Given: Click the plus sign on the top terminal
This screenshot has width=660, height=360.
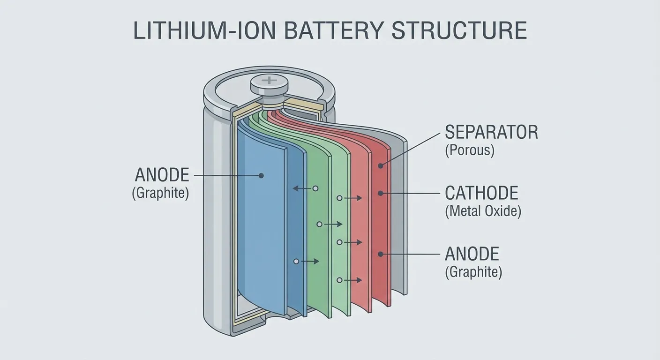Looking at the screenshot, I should click(x=270, y=81).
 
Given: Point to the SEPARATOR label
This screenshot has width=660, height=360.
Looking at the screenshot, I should click(x=491, y=132).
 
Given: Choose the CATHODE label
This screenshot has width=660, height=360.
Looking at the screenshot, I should click(x=481, y=193).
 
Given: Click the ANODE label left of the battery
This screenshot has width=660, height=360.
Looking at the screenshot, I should click(x=162, y=175).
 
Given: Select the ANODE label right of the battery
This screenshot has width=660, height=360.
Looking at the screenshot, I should click(x=472, y=254).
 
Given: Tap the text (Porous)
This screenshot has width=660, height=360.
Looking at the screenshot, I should click(x=469, y=151).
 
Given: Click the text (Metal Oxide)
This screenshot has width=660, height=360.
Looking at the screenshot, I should click(x=483, y=211).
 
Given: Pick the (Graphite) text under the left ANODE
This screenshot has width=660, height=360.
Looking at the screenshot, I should click(x=160, y=193).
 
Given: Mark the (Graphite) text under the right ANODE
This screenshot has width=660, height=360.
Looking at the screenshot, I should click(x=473, y=272).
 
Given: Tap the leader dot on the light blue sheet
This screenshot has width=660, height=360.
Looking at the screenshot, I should click(x=261, y=176).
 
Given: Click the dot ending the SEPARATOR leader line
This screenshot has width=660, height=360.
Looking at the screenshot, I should click(x=381, y=165).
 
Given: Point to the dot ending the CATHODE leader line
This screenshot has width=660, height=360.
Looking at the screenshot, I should click(x=381, y=193).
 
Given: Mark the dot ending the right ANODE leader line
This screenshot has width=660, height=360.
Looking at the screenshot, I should click(x=381, y=254).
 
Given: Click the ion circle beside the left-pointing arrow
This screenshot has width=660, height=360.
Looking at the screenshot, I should click(x=315, y=188).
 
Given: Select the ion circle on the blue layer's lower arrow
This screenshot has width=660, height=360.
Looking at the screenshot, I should click(x=296, y=261).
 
